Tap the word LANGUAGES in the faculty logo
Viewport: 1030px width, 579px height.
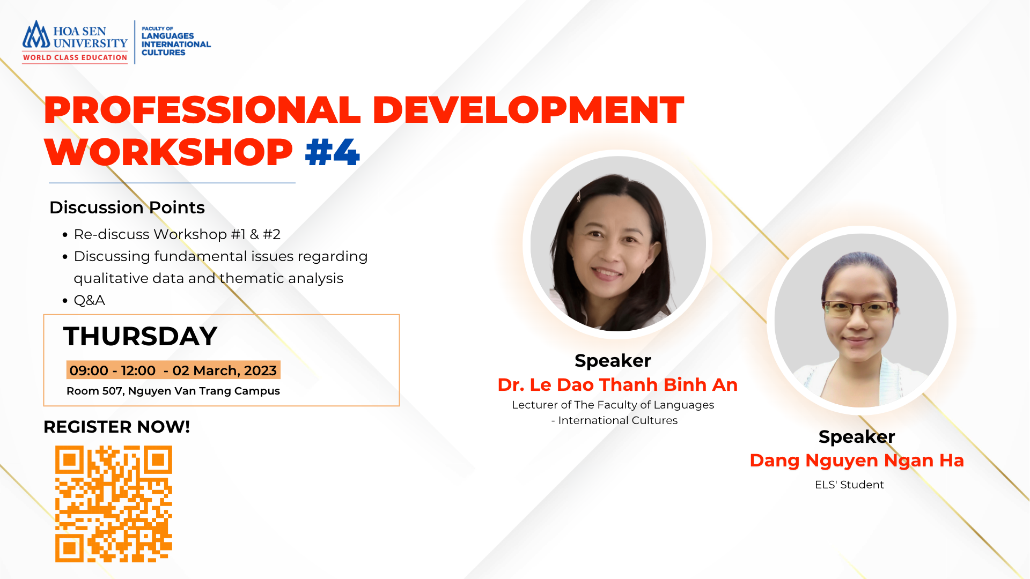coord(168,36)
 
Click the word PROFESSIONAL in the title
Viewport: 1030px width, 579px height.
coord(202,110)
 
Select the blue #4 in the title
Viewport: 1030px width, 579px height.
coord(332,152)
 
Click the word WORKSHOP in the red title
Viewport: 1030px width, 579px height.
coord(168,152)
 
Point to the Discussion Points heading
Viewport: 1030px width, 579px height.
coord(127,207)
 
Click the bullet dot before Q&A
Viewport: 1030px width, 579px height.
coord(65,301)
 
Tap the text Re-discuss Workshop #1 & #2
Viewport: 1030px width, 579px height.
coord(177,234)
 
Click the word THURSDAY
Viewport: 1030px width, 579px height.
coord(140,337)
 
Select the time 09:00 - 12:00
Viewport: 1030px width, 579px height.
coord(113,370)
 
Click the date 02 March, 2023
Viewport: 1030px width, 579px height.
coord(224,370)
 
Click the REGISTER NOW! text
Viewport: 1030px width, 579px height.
coord(117,427)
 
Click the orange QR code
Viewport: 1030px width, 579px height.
coord(114,504)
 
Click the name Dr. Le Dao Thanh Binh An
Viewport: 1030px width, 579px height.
coord(617,385)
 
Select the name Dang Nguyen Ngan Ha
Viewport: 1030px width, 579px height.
coord(857,461)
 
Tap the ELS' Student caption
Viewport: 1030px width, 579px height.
coord(849,485)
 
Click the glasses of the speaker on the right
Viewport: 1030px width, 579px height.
coord(859,309)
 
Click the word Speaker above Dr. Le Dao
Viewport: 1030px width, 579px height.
coord(613,361)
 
